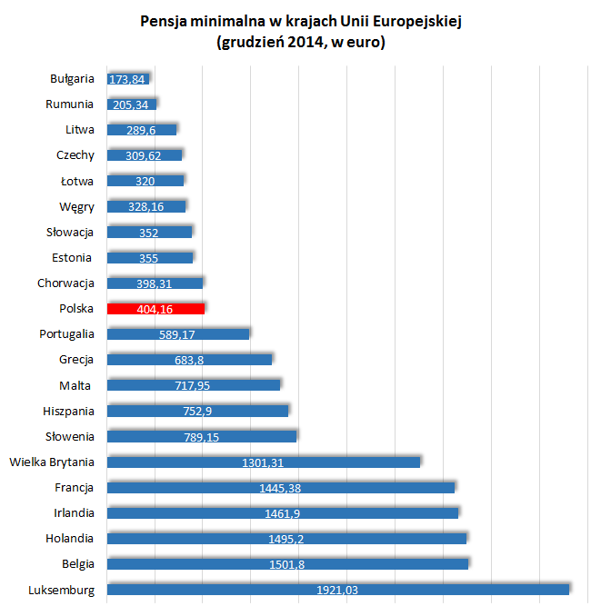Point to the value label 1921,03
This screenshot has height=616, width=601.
pyautogui.click(x=337, y=590)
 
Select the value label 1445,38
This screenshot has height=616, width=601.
pyautogui.click(x=280, y=488)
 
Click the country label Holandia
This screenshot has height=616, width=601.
pyautogui.click(x=70, y=538)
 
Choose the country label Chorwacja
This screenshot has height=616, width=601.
pyautogui.click(x=65, y=283)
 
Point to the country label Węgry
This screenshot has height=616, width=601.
pyautogui.click(x=76, y=206)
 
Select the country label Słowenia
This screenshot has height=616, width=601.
pyautogui.click(x=69, y=436)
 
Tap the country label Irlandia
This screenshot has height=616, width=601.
pyautogui.click(x=72, y=512)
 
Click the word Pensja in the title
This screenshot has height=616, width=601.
pyautogui.click(x=161, y=22)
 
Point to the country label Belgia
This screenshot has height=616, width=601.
pyautogui.click(x=76, y=563)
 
